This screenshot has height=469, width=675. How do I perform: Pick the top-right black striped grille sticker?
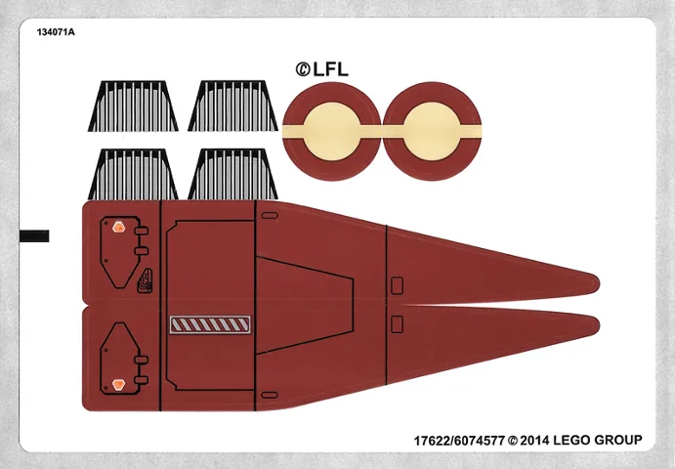pos(232,105)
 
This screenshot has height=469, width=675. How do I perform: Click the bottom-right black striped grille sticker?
pos(232,174)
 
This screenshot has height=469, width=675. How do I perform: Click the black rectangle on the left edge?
pos(34,236)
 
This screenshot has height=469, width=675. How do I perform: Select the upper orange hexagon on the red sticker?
pos(119,228)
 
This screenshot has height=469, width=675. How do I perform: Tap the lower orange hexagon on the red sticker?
pos(119,383)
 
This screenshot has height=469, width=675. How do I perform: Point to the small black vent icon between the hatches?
pos(146,280)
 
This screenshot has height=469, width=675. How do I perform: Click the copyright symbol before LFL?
pos(303,68)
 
